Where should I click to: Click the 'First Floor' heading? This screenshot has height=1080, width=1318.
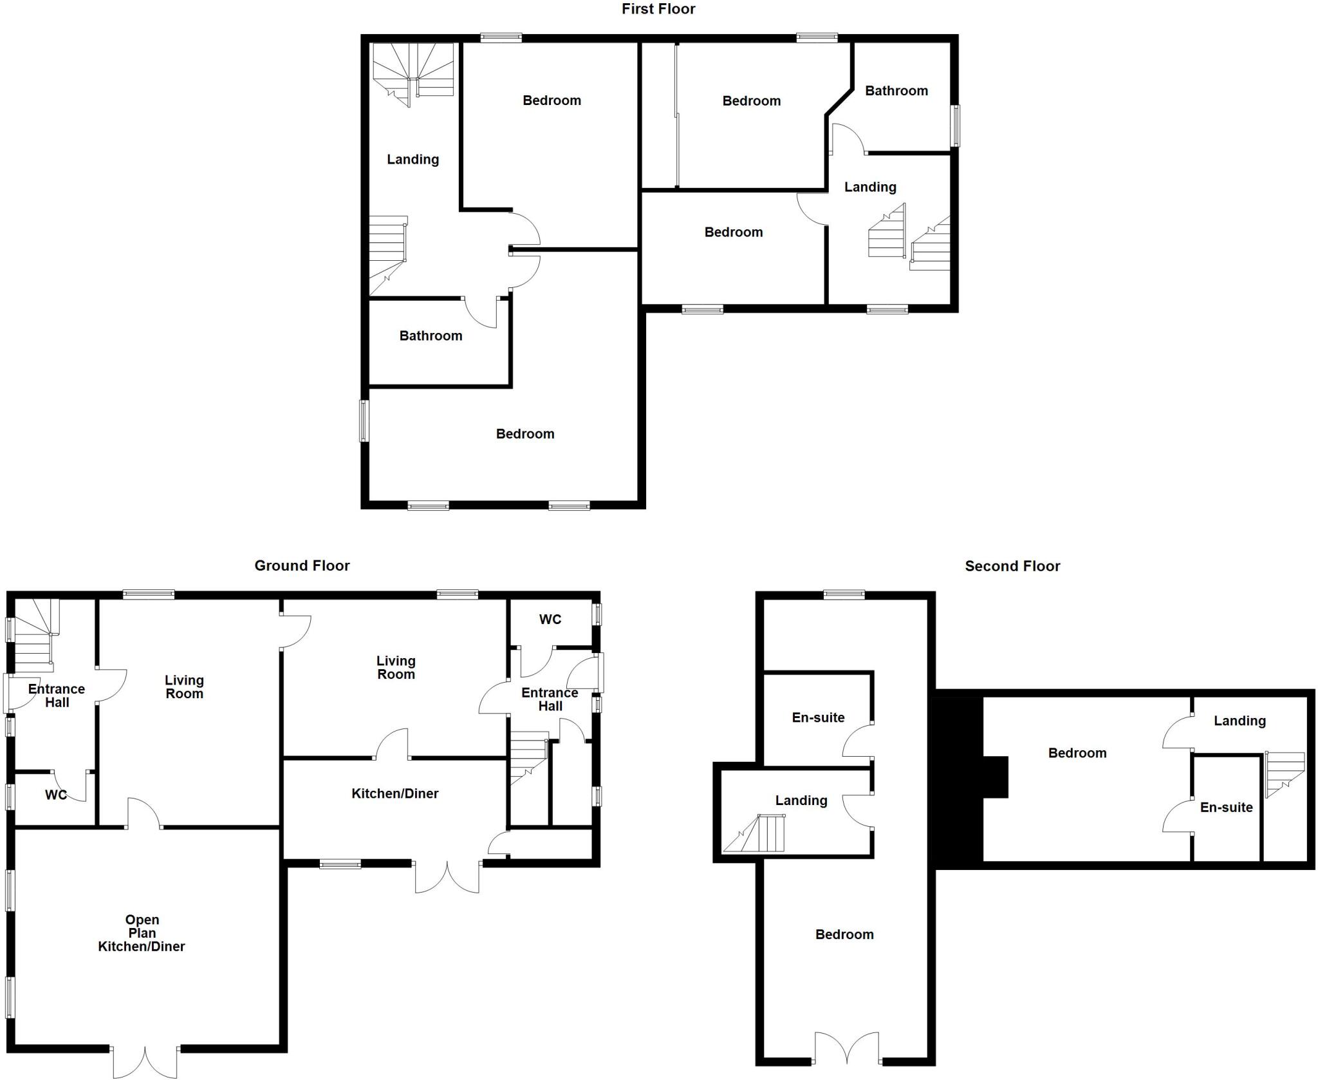coord(658,9)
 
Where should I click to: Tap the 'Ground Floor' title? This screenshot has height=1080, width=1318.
coord(302,565)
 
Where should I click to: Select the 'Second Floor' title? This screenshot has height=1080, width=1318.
coord(1012,566)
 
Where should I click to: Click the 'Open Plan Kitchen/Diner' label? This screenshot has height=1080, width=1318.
coord(142,933)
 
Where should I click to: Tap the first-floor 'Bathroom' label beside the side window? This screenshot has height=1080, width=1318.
coord(896,91)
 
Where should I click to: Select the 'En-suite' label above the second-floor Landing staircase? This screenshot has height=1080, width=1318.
coord(818,717)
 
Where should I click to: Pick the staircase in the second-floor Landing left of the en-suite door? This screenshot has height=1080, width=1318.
coord(756,834)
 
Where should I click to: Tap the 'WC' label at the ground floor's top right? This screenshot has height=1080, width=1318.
coord(550,620)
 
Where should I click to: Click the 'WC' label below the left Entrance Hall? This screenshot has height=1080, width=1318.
coord(56,795)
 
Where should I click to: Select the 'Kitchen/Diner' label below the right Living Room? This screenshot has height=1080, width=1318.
coord(394,793)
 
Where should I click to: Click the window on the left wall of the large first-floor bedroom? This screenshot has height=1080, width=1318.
coord(364,421)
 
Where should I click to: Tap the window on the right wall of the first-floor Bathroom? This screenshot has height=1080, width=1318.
coord(955,126)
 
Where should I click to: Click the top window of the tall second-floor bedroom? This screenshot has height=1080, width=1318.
coord(844,595)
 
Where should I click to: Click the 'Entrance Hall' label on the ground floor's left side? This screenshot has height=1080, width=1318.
coord(57,696)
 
